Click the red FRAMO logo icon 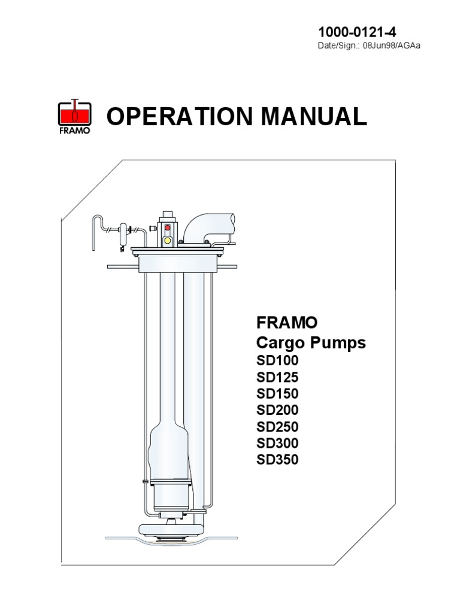pyautogui.click(x=73, y=116)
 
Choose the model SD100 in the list pyautogui.click(x=277, y=361)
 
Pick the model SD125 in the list pyautogui.click(x=277, y=378)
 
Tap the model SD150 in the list pyautogui.click(x=277, y=394)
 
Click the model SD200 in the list pyautogui.click(x=277, y=411)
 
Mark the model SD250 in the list pyautogui.click(x=277, y=427)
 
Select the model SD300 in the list pyautogui.click(x=277, y=444)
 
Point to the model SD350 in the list pyautogui.click(x=277, y=460)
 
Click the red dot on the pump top pyautogui.click(x=168, y=228)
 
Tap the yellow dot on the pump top pyautogui.click(x=168, y=240)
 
